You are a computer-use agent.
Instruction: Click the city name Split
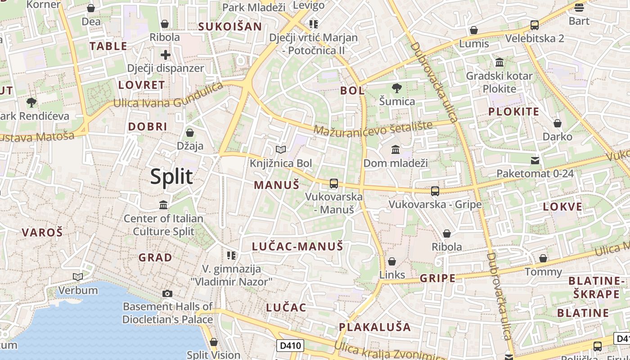[171, 176]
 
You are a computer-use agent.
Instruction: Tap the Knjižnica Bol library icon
[281, 149]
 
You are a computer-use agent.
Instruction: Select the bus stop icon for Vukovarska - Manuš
[333, 183]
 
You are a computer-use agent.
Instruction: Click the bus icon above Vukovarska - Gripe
[435, 191]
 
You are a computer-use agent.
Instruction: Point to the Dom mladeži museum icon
[396, 149]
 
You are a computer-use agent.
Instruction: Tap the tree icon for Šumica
[396, 88]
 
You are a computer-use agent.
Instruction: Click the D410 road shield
[290, 346]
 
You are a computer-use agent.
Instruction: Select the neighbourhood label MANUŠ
[276, 184]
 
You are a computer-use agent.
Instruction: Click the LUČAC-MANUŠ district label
[297, 246]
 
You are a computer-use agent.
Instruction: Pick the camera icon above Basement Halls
[167, 294]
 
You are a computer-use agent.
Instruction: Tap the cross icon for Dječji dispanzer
[166, 55]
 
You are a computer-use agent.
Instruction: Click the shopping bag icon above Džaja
[190, 133]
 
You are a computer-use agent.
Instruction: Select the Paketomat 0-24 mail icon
[535, 160]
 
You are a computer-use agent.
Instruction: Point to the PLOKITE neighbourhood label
[513, 112]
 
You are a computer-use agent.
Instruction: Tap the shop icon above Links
[392, 261]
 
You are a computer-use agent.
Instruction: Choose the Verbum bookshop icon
[78, 277]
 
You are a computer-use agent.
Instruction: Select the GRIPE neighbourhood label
[437, 278]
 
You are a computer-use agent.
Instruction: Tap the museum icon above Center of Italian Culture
[163, 205]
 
